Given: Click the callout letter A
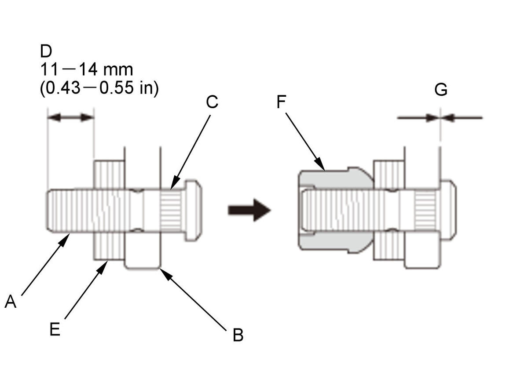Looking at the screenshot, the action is (x=11, y=301).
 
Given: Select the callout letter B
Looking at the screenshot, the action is (x=238, y=335).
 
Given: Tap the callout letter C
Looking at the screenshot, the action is (x=212, y=102).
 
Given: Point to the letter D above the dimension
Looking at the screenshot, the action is (x=46, y=51).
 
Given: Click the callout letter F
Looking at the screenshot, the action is (x=281, y=102).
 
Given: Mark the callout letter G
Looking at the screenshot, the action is (x=441, y=90).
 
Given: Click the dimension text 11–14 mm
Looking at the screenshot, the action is (x=87, y=69).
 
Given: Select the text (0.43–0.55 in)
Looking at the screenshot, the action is (x=99, y=88).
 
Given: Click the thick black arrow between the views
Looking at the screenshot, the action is (x=249, y=210).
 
